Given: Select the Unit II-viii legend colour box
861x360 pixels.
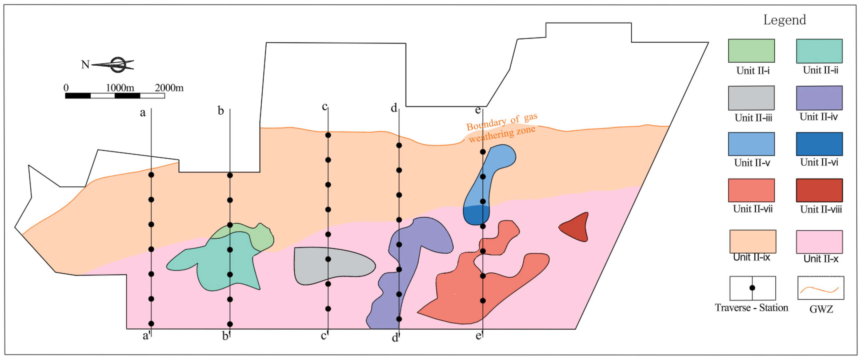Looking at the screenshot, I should point(819,190).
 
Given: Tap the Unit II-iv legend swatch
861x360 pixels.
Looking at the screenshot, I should point(819,98).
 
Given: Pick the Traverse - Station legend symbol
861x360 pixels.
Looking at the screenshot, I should point(752,288).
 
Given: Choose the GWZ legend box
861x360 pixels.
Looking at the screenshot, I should point(820,288).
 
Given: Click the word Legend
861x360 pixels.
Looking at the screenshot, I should point(784,20).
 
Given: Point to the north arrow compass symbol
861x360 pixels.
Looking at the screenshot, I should point(117,65).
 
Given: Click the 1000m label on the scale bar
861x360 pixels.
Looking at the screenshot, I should point(120,88).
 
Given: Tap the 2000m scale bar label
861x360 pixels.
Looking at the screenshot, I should point(169,88).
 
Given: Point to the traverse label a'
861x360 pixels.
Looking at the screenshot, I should point(146,335).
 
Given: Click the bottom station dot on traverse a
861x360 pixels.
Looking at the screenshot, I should point(151,323).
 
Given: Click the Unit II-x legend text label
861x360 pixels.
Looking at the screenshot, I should point(821,259).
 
